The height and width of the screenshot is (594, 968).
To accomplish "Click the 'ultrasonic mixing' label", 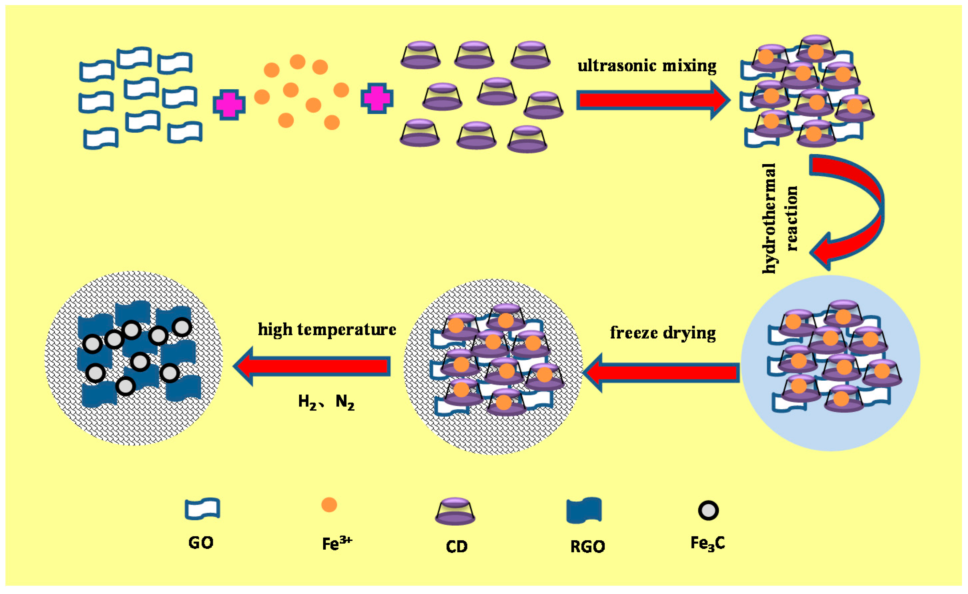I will tap(647, 66).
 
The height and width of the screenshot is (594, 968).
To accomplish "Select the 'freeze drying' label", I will tap(663, 333).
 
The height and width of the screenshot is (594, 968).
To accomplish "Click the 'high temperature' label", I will tap(327, 329).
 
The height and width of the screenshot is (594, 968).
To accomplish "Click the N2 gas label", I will tap(345, 402).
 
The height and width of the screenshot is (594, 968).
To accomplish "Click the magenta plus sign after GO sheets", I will tap(229, 104).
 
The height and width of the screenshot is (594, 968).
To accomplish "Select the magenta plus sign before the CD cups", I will tap(376, 98).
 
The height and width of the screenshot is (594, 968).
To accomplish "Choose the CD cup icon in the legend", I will tap(455, 512).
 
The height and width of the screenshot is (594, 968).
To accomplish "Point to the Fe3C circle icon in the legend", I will tap(708, 510).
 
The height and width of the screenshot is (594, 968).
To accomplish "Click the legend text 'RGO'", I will tap(587, 546).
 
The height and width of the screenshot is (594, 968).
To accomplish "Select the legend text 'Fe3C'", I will tap(707, 543).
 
